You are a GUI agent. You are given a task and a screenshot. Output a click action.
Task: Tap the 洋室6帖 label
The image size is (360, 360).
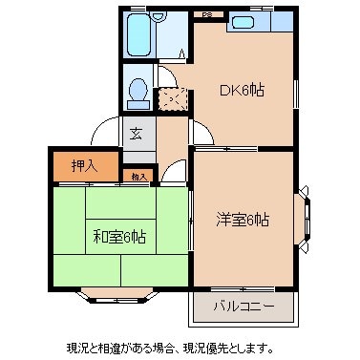(244, 220)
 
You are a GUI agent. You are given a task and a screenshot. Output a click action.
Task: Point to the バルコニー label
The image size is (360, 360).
(243, 307)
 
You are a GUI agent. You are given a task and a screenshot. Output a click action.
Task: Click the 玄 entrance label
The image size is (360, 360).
(138, 134)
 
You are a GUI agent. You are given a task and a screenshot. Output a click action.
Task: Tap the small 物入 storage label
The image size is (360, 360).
(139, 177)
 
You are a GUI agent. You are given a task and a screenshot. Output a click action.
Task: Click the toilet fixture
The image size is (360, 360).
(138, 91)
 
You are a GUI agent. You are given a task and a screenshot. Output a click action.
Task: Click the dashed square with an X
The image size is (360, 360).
(171, 98)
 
